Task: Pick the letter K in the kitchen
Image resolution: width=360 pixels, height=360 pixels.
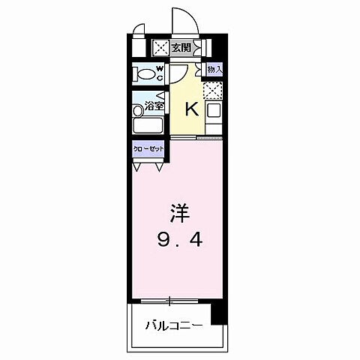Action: pyautogui.click(x=190, y=109)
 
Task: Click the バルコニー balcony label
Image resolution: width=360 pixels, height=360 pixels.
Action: pyautogui.click(x=173, y=327)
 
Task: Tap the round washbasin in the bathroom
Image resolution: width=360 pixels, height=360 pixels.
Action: pyautogui.click(x=138, y=110)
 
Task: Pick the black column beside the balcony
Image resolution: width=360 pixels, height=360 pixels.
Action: pyautogui.click(x=218, y=312)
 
